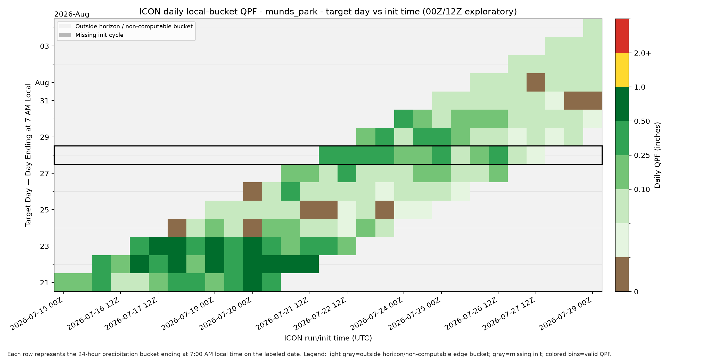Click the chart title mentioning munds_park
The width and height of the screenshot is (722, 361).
click(x=328, y=12)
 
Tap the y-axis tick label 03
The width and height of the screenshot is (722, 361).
click(x=44, y=46)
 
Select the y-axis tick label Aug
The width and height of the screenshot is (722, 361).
click(x=42, y=83)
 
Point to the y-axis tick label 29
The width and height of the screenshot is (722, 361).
click(x=44, y=137)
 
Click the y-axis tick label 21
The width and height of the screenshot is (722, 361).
click(x=44, y=283)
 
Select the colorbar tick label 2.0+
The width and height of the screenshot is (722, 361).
click(x=642, y=53)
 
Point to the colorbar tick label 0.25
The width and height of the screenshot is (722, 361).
click(x=642, y=155)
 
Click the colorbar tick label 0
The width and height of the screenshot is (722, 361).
click(x=636, y=292)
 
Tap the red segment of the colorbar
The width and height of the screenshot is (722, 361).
click(x=622, y=36)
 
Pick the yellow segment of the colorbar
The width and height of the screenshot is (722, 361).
click(x=622, y=70)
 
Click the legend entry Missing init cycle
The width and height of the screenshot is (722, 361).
click(x=91, y=35)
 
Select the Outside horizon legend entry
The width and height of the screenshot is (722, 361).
click(x=126, y=26)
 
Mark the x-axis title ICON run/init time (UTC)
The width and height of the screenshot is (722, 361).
click(x=328, y=338)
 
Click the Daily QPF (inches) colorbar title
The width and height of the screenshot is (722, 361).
click(x=657, y=155)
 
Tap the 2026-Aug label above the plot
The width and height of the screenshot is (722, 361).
click(x=72, y=14)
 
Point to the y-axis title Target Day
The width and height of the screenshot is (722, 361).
click(x=28, y=155)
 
